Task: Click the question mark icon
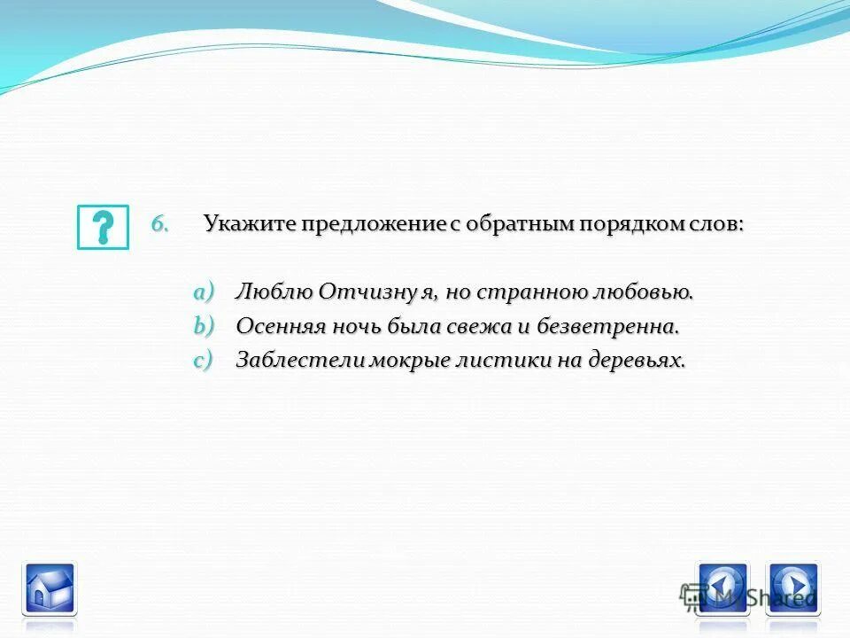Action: pyautogui.click(x=103, y=227)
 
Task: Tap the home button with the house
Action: pyautogui.click(x=49, y=587)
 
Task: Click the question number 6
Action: pyautogui.click(x=159, y=223)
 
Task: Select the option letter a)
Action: pyautogui.click(x=205, y=292)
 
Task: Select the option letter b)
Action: pyautogui.click(x=205, y=326)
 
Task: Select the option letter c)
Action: pyautogui.click(x=205, y=360)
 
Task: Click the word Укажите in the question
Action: pyautogui.click(x=250, y=224)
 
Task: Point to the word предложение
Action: pyautogui.click(x=371, y=225)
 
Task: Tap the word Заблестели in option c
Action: pyautogui.click(x=289, y=361)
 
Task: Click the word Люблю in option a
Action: pyautogui.click(x=273, y=292)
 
